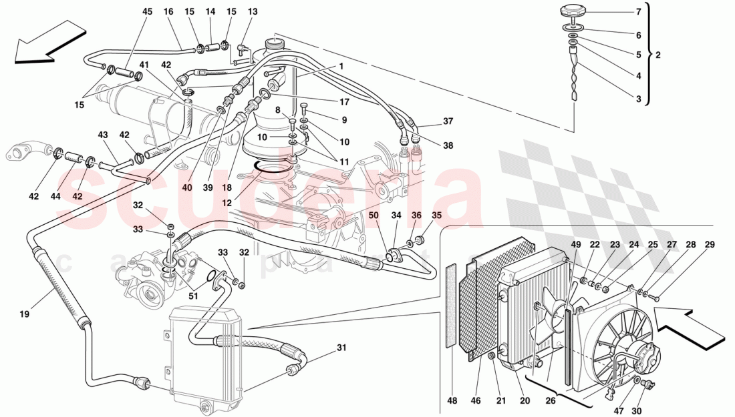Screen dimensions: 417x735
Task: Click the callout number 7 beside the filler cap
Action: (638, 12)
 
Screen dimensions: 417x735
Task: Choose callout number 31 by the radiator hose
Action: (341, 347)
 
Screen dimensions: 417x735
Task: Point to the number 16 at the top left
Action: (168, 12)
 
